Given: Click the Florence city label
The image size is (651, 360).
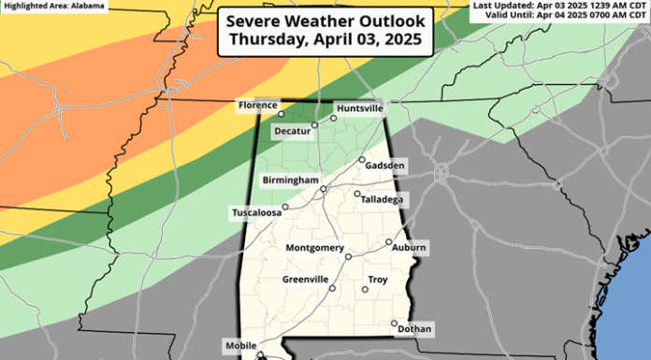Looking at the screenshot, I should click(255, 105).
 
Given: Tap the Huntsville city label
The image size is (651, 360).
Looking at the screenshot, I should click(359, 108).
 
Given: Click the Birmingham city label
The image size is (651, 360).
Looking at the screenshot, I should click(290, 180).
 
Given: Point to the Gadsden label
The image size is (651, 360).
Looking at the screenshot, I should click(385, 166).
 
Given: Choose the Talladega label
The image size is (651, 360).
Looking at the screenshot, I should click(383, 199).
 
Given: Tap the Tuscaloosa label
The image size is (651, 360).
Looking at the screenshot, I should click(257, 213).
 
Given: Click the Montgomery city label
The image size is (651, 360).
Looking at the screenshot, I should click(314, 248).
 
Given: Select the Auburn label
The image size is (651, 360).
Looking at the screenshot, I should click(409, 248).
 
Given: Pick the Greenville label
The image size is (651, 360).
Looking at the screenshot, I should click(305, 280).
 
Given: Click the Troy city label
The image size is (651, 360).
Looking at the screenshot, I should click(378, 280).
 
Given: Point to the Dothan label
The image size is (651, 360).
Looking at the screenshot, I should click(414, 329).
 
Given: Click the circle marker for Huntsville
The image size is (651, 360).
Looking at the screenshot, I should click(333, 118).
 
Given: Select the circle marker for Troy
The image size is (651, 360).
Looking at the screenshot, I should click(365, 289).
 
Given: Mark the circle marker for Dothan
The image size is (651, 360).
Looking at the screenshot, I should click(395, 324).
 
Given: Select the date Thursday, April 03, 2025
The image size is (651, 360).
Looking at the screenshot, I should click(325, 41).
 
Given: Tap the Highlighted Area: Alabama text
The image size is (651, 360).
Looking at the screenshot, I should click(44, 6).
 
